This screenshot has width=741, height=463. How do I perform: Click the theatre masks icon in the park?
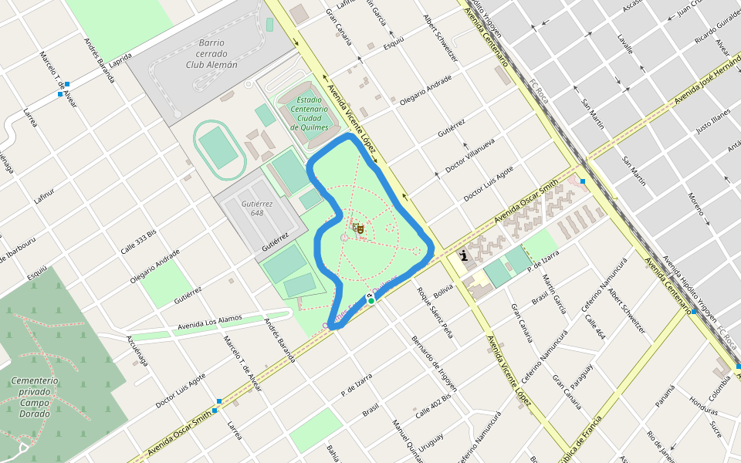tap(357, 228)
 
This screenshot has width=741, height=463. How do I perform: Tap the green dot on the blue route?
tap(371, 301)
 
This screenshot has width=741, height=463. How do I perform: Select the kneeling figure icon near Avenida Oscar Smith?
tap(463, 257)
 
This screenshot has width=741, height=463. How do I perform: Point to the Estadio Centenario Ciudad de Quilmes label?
tap(310, 113)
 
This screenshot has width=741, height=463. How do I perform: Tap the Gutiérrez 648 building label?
tap(252, 208)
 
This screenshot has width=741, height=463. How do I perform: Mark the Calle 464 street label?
tap(595, 328)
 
